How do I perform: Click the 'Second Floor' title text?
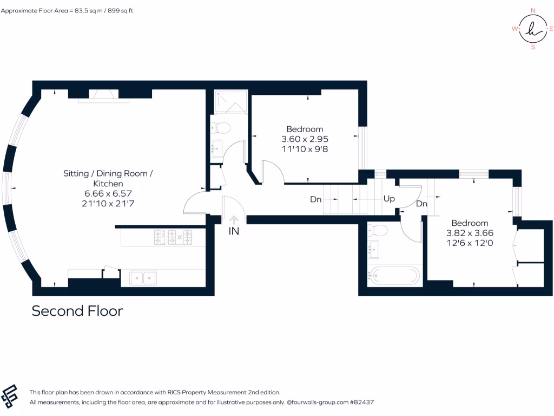[x=77, y=311]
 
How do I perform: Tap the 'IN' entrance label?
[x=234, y=231]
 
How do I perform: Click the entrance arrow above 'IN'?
[x=234, y=219]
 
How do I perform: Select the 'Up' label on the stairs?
[x=389, y=199]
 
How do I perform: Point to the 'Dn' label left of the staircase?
[x=316, y=199]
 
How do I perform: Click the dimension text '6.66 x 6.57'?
[x=108, y=193]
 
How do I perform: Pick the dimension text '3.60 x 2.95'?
[x=305, y=139]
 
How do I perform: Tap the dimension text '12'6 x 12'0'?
[x=470, y=243]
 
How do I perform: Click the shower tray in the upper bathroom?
[x=230, y=102]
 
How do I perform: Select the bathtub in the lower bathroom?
[x=394, y=275]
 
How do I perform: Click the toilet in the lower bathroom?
[x=379, y=231]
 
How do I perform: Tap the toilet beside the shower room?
[x=221, y=128]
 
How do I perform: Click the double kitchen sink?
[x=143, y=278]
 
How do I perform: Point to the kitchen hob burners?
[x=174, y=237]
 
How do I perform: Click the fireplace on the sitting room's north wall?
[x=101, y=95]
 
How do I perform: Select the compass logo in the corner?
[x=533, y=29]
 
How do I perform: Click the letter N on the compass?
[x=533, y=10]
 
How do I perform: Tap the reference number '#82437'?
[x=362, y=402]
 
